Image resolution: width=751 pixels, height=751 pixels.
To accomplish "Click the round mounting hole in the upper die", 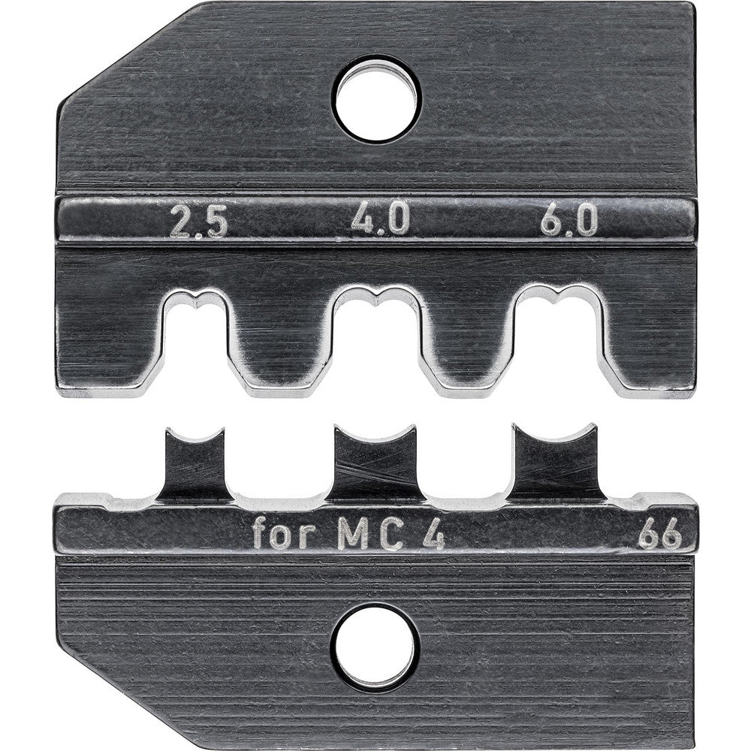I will click(x=377, y=100).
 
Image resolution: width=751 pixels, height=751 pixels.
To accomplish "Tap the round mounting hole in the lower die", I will click(x=375, y=647).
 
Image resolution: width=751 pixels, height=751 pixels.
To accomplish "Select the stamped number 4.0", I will click(x=382, y=222).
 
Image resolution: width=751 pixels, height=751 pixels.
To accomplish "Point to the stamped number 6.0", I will click(x=569, y=222).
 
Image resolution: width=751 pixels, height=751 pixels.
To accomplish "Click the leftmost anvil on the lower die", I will click(x=195, y=466).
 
